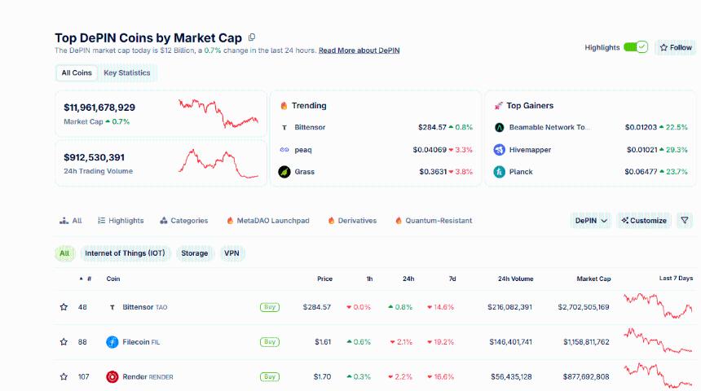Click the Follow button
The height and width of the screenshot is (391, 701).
click(x=676, y=47)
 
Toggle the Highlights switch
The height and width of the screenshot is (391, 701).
click(x=635, y=47)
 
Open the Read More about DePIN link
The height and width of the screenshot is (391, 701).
click(x=359, y=51)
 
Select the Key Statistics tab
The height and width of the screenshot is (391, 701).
click(x=126, y=72)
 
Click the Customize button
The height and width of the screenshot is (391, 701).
click(x=643, y=221)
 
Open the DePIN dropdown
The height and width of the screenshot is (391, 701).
click(x=592, y=221)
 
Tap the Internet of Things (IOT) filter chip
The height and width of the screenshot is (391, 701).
click(x=125, y=253)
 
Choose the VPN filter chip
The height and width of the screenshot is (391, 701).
click(x=232, y=253)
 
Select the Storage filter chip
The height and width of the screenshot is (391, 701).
click(x=194, y=253)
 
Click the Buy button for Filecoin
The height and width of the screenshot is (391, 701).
click(x=269, y=342)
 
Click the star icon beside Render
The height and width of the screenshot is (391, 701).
click(x=64, y=376)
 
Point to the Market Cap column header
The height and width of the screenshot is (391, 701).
click(x=593, y=279)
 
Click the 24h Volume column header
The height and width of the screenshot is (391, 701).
click(x=515, y=279)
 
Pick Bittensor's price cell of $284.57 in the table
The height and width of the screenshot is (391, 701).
click(x=316, y=307)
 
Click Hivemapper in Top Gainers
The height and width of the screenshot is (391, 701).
click(x=531, y=150)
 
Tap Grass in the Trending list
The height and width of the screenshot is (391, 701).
click(x=304, y=172)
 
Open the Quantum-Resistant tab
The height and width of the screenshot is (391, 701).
click(x=439, y=221)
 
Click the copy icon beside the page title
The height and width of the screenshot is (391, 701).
click(x=252, y=37)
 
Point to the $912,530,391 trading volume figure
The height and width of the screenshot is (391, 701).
click(x=95, y=157)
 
